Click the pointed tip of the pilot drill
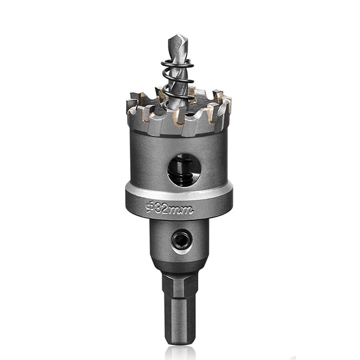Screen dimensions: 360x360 (x=173, y=37)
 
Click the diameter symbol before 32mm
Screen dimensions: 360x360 (x=149, y=208)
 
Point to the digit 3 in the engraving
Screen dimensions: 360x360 (x=158, y=209)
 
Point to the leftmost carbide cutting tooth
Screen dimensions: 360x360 (x=133, y=114)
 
